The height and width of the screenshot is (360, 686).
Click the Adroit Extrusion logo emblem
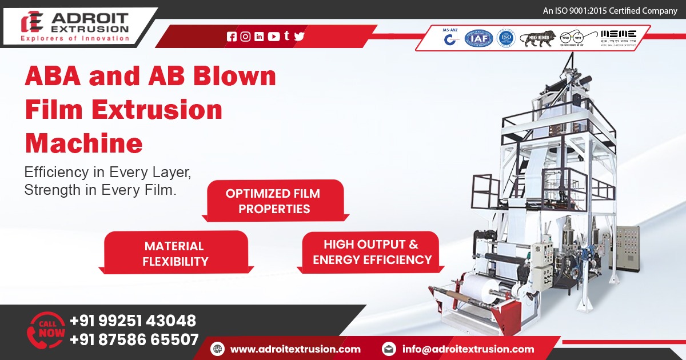tap(32, 22)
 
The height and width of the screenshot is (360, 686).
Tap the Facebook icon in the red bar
tap(232, 37)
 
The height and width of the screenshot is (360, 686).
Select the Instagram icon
tap(245, 37)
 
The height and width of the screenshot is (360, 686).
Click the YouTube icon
tap(274, 37)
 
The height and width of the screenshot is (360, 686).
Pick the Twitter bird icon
tap(299, 37)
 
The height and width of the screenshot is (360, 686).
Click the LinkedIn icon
tap(259, 37)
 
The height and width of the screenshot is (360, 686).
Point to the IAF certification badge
tap(478, 38)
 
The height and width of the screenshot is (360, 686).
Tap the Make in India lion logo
tap(537, 38)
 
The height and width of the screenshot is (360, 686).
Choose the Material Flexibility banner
tap(174, 254)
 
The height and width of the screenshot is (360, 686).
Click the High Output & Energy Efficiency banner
tap(371, 252)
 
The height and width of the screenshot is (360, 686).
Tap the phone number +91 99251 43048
tap(133, 321)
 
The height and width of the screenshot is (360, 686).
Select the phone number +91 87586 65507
tap(134, 339)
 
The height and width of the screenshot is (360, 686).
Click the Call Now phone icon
tap(46, 330)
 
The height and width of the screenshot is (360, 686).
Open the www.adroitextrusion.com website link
tap(295, 349)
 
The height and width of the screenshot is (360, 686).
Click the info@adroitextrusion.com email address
tap(468, 349)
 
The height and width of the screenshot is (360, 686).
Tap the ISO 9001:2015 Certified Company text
tap(609, 10)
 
